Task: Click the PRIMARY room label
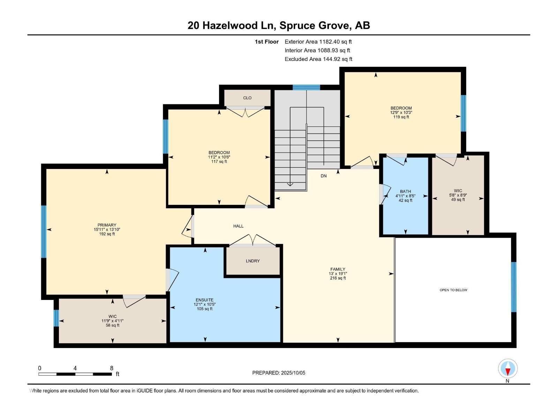pyautogui.click(x=107, y=225)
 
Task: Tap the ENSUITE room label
pyautogui.click(x=204, y=300)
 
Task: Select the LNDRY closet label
pyautogui.click(x=252, y=261)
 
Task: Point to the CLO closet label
pyautogui.click(x=247, y=98)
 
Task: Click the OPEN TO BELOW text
pyautogui.click(x=453, y=290)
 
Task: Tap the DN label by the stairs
pyautogui.click(x=324, y=176)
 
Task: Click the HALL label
pyautogui.click(x=238, y=226)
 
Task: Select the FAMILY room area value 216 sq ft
pyautogui.click(x=338, y=278)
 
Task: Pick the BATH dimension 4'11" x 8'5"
pyautogui.click(x=405, y=196)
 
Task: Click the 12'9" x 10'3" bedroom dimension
pyautogui.click(x=401, y=113)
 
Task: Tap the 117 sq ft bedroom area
pyautogui.click(x=219, y=161)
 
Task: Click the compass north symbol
pyautogui.click(x=508, y=369)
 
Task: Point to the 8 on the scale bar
pyautogui.click(x=112, y=368)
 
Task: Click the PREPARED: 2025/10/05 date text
pyautogui.click(x=279, y=373)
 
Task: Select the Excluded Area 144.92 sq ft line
pyautogui.click(x=318, y=59)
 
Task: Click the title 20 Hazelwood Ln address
pyautogui.click(x=279, y=25)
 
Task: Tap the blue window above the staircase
pyautogui.click(x=306, y=87)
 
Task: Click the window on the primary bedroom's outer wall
pyautogui.click(x=44, y=232)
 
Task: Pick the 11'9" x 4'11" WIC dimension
pyautogui.click(x=112, y=321)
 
